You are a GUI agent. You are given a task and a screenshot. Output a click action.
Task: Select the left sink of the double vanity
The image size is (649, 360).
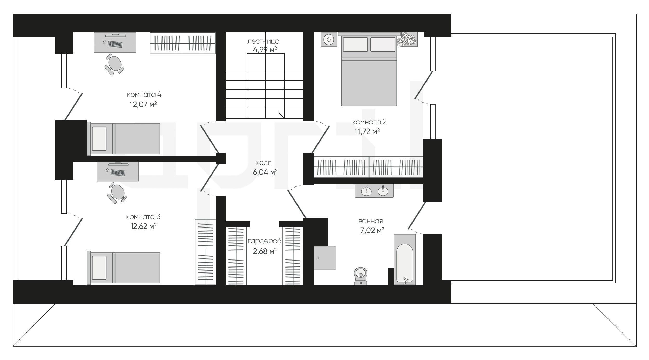click(x=366, y=191)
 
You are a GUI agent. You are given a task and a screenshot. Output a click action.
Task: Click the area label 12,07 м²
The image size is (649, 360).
click(x=143, y=104)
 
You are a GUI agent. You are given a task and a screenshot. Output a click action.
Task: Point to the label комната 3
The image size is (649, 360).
click(x=143, y=217)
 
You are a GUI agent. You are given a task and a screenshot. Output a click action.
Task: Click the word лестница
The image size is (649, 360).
click(x=263, y=41)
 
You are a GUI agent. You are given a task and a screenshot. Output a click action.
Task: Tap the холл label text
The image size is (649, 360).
click(x=263, y=163)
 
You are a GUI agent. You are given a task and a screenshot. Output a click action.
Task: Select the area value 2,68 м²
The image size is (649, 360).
click(x=265, y=251)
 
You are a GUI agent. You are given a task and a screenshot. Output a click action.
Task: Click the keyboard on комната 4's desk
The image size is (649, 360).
click(x=115, y=44)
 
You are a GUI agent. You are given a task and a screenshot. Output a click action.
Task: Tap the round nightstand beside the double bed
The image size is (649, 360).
click(x=329, y=40)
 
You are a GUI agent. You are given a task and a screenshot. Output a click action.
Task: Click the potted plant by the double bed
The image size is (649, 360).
click(x=407, y=40)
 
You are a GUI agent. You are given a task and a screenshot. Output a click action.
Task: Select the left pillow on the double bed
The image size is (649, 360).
click(x=355, y=44)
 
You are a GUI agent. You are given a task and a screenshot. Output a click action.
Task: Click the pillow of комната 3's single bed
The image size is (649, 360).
click(x=99, y=268)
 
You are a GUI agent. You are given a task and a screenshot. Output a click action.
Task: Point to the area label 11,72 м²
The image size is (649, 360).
click(x=367, y=131)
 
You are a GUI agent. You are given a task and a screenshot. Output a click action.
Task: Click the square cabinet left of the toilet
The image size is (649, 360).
click(x=325, y=258)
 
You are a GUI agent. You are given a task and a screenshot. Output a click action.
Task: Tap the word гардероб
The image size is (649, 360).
click(x=265, y=241)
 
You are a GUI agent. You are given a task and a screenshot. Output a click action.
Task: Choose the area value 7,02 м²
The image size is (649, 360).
click(x=372, y=230)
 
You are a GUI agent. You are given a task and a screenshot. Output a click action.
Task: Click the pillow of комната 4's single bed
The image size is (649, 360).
click(x=99, y=139)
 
